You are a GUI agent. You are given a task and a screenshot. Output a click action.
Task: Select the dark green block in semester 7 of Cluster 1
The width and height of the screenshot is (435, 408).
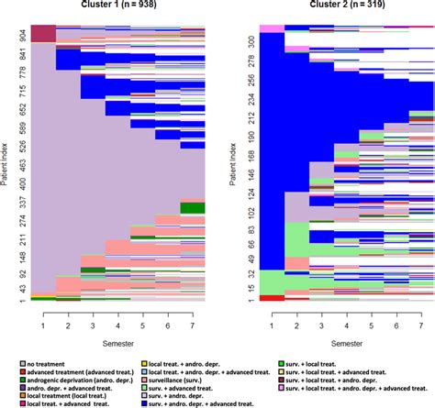192,207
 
